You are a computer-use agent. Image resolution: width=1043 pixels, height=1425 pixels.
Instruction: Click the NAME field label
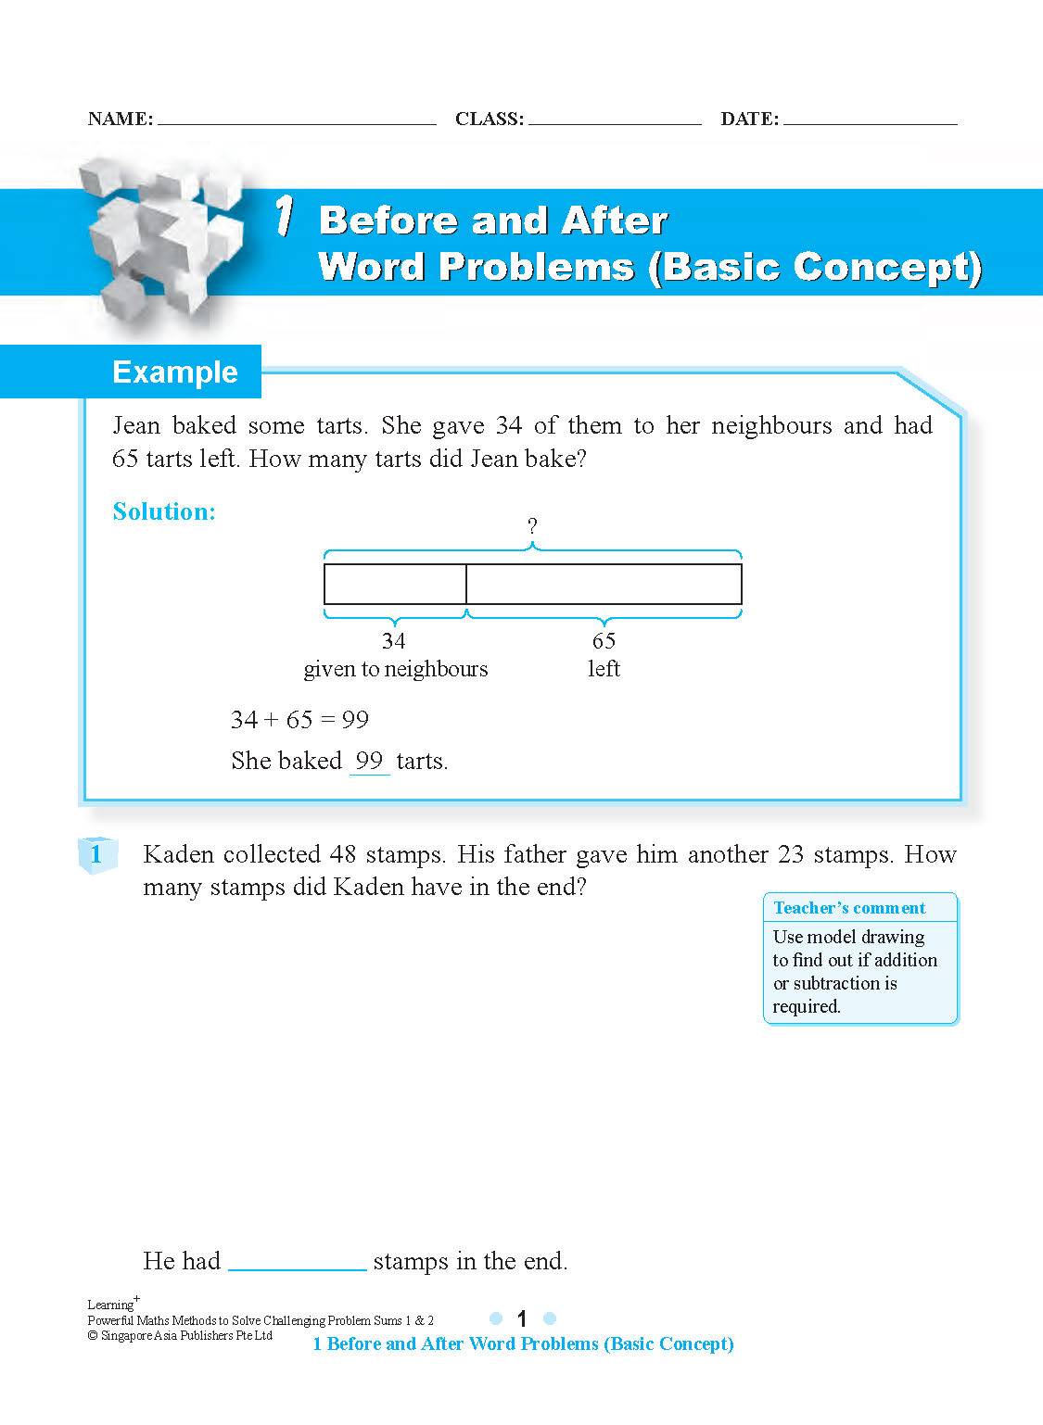tap(120, 119)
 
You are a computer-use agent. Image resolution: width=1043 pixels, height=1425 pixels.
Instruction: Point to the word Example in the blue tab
tap(175, 372)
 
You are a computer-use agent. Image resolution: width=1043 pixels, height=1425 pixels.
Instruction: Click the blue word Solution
tap(164, 511)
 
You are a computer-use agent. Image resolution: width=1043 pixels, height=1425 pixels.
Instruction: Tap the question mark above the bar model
tap(532, 526)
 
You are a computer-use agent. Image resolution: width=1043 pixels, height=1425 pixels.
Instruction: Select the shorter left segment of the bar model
tap(395, 584)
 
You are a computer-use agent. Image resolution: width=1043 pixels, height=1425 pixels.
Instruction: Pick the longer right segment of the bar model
tap(604, 584)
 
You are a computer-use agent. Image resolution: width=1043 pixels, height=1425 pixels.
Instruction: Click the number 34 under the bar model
tap(394, 640)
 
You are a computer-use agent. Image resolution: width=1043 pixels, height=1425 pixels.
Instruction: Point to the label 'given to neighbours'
tap(396, 669)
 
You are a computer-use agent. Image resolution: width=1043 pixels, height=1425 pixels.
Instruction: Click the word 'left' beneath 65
tap(604, 669)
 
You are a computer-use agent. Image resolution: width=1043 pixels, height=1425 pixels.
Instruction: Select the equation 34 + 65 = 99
tap(299, 720)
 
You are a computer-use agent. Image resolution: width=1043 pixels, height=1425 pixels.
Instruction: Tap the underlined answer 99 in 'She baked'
tap(369, 761)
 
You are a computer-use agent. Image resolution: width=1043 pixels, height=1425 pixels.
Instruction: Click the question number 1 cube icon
tap(96, 854)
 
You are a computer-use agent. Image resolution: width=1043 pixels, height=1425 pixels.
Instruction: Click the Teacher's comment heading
tap(849, 908)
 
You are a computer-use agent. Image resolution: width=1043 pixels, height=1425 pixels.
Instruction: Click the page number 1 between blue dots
tap(522, 1318)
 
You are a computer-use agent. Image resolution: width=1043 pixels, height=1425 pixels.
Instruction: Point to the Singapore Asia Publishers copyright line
tap(180, 1335)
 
